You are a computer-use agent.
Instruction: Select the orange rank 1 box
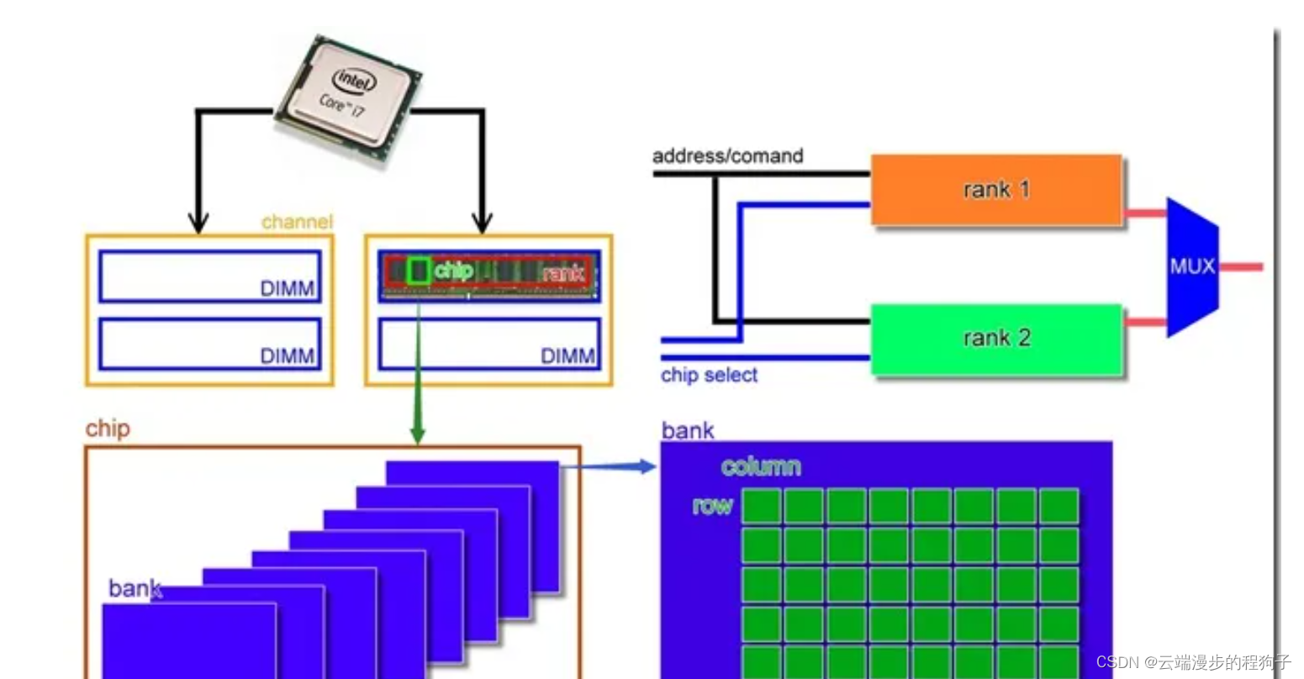coord(996,190)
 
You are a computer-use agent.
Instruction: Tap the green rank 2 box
coord(996,339)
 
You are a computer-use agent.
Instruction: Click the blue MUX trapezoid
coord(1192,267)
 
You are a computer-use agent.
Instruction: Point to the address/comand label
coord(727,155)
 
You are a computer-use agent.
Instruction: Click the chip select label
coord(709,375)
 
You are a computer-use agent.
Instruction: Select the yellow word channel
coord(297,222)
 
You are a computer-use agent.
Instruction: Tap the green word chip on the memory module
coord(453,271)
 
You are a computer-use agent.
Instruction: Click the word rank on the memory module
coord(562,272)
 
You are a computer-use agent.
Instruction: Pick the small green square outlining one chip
coord(418,271)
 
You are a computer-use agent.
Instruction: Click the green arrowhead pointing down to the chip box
coord(417,435)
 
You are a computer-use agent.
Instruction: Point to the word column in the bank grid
coord(760,466)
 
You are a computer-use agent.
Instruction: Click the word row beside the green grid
coord(712,505)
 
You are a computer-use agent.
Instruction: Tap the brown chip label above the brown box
coord(108,429)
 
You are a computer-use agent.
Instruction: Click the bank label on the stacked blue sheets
coord(135,588)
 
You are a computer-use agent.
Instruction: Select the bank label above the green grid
coord(687,430)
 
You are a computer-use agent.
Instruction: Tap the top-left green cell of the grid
coord(761,506)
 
